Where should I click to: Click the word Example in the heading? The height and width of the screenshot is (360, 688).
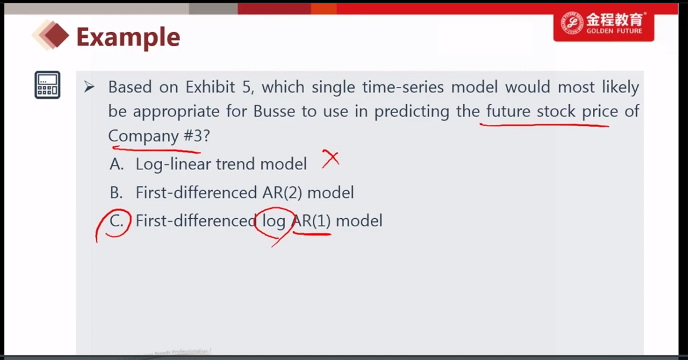[128, 37]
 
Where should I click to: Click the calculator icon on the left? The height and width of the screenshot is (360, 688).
[48, 85]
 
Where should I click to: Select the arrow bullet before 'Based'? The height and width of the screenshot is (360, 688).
[89, 87]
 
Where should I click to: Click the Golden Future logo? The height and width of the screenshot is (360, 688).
[604, 24]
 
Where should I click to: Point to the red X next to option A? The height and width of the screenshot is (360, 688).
[330, 158]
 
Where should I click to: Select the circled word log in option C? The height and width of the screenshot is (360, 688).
[274, 221]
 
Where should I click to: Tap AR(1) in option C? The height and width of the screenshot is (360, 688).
[311, 221]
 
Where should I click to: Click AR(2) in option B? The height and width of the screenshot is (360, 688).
[283, 192]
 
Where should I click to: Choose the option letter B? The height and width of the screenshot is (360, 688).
[116, 192]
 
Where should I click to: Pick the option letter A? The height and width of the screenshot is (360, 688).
[117, 164]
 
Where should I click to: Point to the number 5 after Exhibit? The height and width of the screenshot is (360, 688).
[246, 87]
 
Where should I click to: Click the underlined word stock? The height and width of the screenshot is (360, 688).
[556, 111]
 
